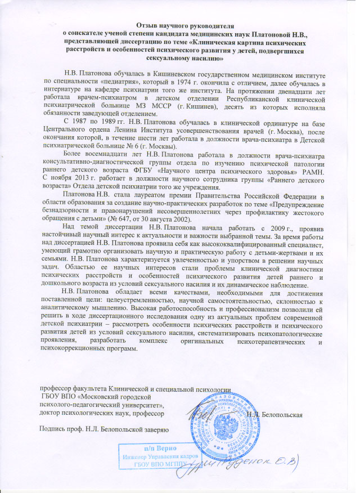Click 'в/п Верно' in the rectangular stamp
coord(158,448)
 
